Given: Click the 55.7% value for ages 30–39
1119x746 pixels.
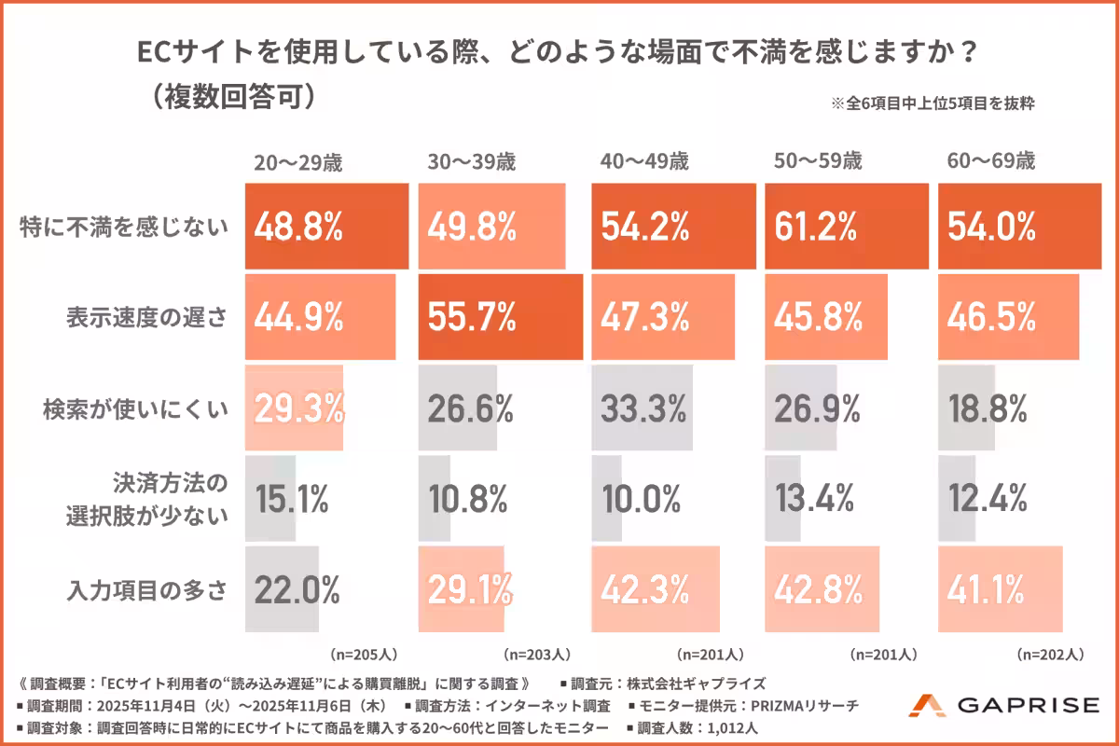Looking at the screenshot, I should [472, 317].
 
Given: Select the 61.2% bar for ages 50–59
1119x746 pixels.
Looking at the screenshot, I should [847, 227].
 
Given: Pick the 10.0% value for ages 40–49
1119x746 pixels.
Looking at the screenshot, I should [643, 500].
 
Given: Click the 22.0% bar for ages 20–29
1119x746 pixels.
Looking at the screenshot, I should [283, 589].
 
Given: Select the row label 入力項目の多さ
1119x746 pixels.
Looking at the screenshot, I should [146, 590].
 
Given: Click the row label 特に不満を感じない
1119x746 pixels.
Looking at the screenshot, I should [123, 228].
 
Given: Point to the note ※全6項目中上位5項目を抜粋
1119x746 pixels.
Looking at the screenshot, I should [932, 104].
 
